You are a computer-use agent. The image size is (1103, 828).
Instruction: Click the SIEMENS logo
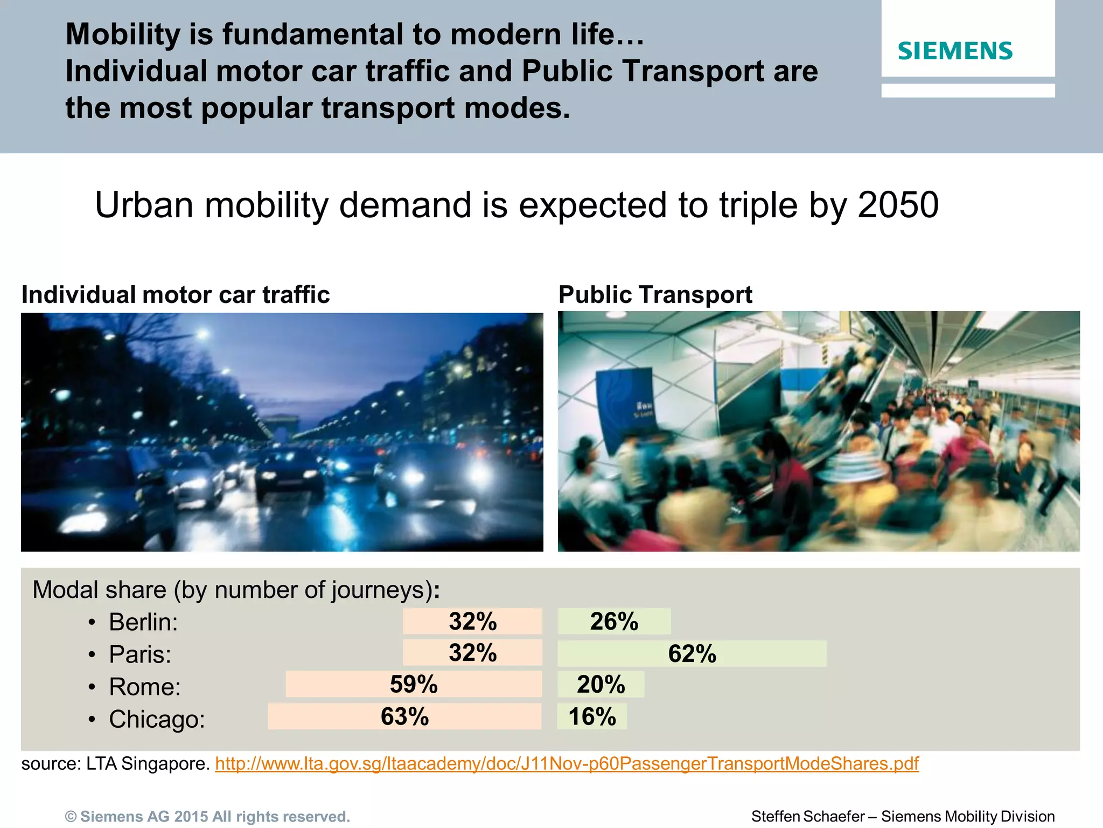tap(955, 51)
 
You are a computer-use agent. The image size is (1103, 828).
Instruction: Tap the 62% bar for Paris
tap(692, 653)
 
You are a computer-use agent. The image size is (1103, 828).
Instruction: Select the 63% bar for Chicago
tap(404, 716)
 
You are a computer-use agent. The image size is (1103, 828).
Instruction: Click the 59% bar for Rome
tap(414, 684)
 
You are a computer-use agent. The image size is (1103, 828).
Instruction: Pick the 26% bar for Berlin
tap(614, 622)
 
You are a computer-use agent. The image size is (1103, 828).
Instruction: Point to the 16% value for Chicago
tap(592, 716)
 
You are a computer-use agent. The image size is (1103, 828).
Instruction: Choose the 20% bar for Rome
tap(601, 684)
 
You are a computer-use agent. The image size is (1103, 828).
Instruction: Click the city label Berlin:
tap(143, 622)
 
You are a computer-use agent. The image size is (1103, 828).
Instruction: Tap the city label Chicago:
tap(157, 719)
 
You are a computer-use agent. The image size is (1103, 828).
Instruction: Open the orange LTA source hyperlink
tap(567, 763)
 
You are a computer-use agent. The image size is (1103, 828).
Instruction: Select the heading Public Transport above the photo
tap(655, 294)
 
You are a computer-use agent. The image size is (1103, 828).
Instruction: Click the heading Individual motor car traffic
tap(176, 295)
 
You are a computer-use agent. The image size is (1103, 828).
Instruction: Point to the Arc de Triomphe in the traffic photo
tap(282, 424)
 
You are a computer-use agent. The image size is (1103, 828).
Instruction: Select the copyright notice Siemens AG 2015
tap(207, 817)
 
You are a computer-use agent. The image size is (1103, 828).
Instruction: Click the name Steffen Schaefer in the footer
tap(807, 817)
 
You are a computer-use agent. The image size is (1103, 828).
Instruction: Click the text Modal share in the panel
tap(99, 590)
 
